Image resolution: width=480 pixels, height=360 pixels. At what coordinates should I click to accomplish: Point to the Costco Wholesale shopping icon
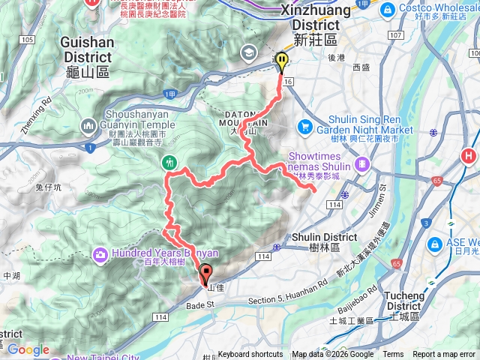coord(388,9)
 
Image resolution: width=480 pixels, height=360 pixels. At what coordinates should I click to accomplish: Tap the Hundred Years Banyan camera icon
coord(100,255)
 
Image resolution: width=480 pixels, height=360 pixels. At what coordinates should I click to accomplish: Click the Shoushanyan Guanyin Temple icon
coord(89,124)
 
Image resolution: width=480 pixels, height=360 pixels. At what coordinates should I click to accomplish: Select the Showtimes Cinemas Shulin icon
coord(362,162)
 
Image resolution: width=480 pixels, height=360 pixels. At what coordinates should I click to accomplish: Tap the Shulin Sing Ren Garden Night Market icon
coord(305,126)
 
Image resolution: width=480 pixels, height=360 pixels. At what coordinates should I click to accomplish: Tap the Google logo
coord(28,349)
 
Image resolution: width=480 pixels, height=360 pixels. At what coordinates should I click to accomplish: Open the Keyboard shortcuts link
coord(250,355)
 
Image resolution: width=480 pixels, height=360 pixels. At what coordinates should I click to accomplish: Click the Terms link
coord(393,355)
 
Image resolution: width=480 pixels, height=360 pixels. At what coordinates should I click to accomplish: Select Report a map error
coord(444,355)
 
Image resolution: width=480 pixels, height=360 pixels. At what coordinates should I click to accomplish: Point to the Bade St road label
coord(200,304)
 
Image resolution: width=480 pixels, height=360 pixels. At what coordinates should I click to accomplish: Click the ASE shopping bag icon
coord(435,245)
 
